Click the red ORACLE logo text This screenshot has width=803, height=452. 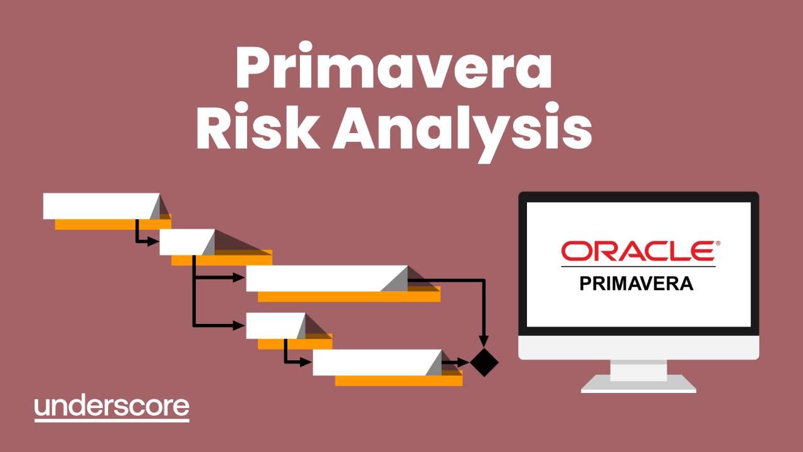(x=637, y=250)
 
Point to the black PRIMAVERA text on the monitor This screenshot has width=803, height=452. (x=636, y=283)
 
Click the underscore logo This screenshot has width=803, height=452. (x=112, y=407)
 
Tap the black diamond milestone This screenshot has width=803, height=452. (x=484, y=362)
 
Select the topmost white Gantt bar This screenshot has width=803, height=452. (x=97, y=206)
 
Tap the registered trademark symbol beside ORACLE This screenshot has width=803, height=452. (x=718, y=242)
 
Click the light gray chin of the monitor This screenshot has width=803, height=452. (x=639, y=347)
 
